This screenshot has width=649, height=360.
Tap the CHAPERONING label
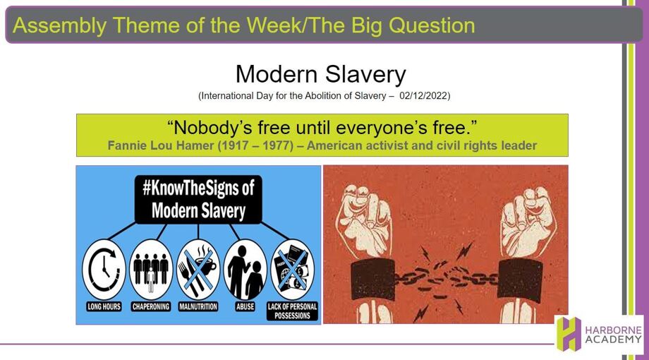pos(151,306)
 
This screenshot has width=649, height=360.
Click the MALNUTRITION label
pos(198,306)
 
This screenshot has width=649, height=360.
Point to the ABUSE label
pos(245,306)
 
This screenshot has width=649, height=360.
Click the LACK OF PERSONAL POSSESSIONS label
pos(292,311)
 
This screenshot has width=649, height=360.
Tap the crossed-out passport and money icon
pos(292,269)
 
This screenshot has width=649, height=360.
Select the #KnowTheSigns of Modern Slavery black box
pos(198,199)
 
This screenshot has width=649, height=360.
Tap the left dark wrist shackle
pos(372,280)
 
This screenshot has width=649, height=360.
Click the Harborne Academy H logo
pos(569,334)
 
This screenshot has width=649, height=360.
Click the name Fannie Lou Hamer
pos(161,146)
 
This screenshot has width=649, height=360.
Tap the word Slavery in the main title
pos(365,75)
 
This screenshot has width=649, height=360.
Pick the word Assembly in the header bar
pos(59,25)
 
